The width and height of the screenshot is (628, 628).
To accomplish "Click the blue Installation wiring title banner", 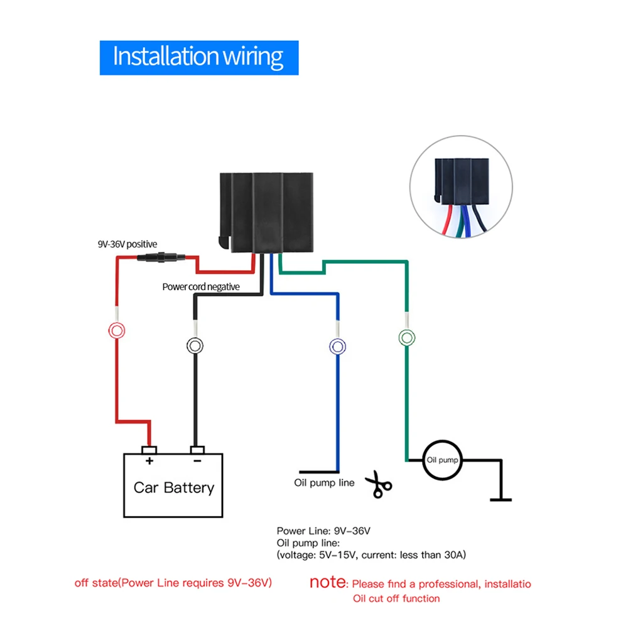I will [198, 58].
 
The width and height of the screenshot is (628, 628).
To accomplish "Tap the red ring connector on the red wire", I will [117, 330].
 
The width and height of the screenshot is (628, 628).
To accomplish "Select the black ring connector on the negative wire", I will [195, 345].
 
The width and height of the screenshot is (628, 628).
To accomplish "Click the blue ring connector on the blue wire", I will [338, 346].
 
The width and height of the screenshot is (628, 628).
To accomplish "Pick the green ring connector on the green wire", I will [407, 338].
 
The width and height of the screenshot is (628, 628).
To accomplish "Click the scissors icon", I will [379, 484].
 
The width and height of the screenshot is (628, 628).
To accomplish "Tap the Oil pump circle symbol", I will [441, 460].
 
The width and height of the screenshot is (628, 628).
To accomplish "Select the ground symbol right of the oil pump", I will [501, 499].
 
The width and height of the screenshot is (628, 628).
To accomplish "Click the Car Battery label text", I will [174, 487].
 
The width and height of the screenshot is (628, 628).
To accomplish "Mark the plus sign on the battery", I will [149, 462].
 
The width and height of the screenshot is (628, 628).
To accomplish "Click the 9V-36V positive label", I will [126, 244].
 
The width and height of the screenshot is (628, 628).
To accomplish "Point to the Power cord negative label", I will [201, 286].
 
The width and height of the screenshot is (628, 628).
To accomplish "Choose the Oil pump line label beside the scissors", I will [324, 483].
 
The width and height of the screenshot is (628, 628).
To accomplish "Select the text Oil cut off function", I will [396, 598].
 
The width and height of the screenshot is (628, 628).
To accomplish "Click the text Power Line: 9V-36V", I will [323, 531].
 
